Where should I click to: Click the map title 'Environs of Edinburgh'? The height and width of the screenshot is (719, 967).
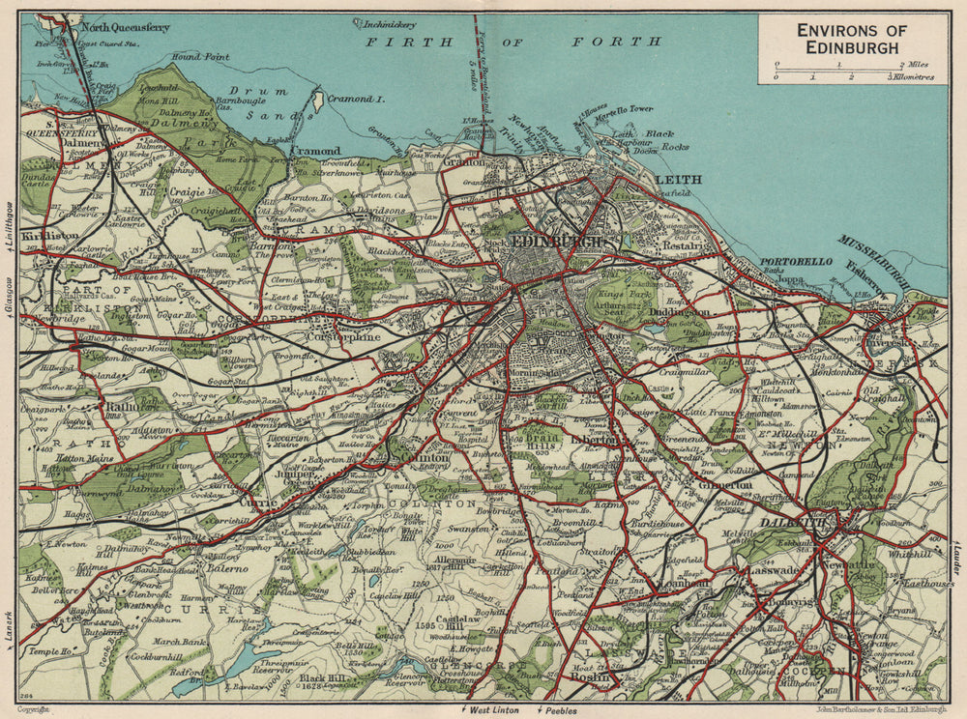click(851, 39)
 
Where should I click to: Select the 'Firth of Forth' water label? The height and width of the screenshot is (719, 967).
click(513, 43)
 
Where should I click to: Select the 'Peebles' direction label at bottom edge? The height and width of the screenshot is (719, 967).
click(558, 710)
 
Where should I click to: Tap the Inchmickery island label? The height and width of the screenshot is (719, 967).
click(386, 21)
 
